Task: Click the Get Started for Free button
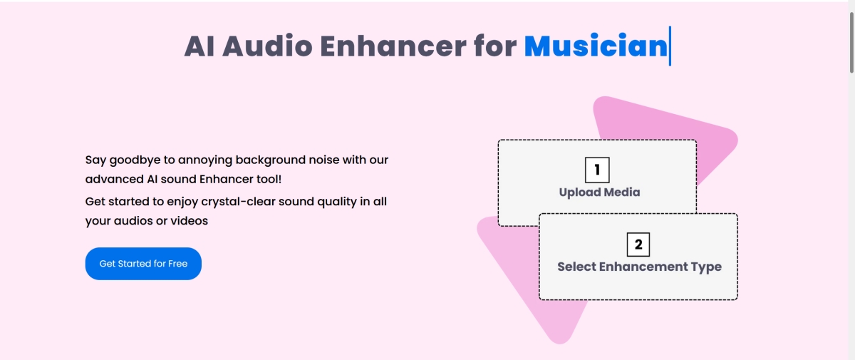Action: click(143, 264)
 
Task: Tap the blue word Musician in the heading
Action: click(596, 46)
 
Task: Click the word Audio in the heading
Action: click(267, 46)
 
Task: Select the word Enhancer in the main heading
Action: click(393, 46)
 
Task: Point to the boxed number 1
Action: click(597, 170)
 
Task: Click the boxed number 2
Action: click(638, 245)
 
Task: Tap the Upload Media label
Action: click(599, 192)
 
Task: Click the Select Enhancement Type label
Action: click(639, 267)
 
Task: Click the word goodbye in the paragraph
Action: click(135, 160)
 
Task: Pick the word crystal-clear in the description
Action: click(238, 202)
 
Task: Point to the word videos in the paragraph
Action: click(189, 221)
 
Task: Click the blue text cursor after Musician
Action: click(670, 46)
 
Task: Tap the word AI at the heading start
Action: click(199, 46)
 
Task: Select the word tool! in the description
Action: click(269, 179)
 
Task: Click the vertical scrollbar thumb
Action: click(851, 42)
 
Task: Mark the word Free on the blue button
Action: click(178, 264)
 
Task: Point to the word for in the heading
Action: click(495, 46)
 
